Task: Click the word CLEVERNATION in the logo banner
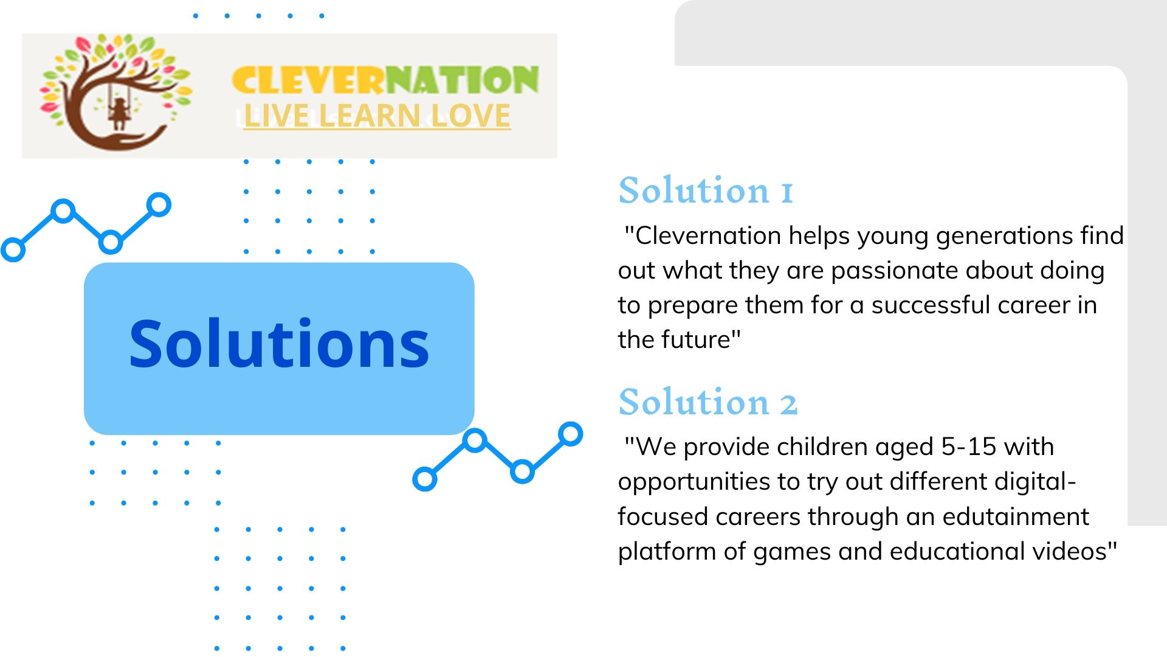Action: click(385, 80)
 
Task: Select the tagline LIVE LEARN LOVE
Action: click(377, 116)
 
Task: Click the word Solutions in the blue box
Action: click(279, 344)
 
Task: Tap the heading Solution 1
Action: click(706, 190)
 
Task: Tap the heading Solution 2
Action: click(707, 401)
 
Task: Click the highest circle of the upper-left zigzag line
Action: click(159, 205)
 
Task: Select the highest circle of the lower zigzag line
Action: click(570, 434)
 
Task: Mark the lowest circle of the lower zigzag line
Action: click(425, 479)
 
